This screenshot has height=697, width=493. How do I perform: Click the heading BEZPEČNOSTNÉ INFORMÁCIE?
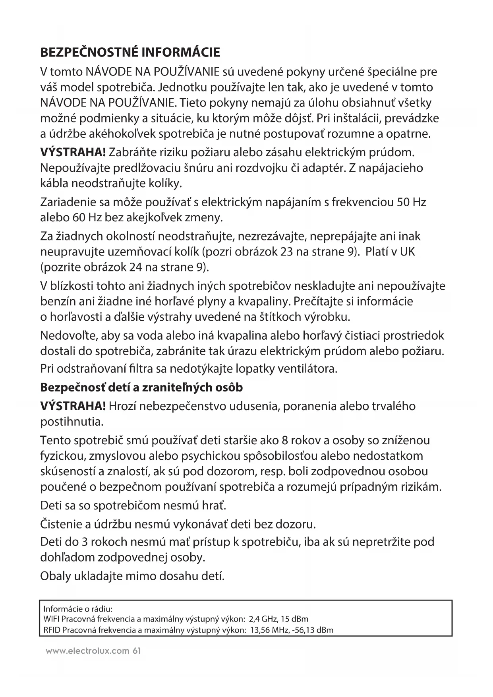pos(130,52)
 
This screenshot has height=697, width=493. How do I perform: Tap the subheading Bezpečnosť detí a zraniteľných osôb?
pos(141,387)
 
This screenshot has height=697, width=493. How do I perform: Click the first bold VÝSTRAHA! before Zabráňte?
pos(73,152)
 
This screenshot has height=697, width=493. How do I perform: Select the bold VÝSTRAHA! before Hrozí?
pos(73,406)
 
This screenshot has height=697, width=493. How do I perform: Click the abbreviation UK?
pos(407,252)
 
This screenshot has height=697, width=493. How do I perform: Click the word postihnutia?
pos(72,421)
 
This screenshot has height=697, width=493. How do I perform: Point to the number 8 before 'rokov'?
pos(284,440)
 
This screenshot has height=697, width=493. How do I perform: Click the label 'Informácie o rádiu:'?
pos(78,609)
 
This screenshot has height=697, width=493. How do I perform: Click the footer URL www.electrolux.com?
pos(87,651)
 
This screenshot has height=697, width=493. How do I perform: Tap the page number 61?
pos(137,651)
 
